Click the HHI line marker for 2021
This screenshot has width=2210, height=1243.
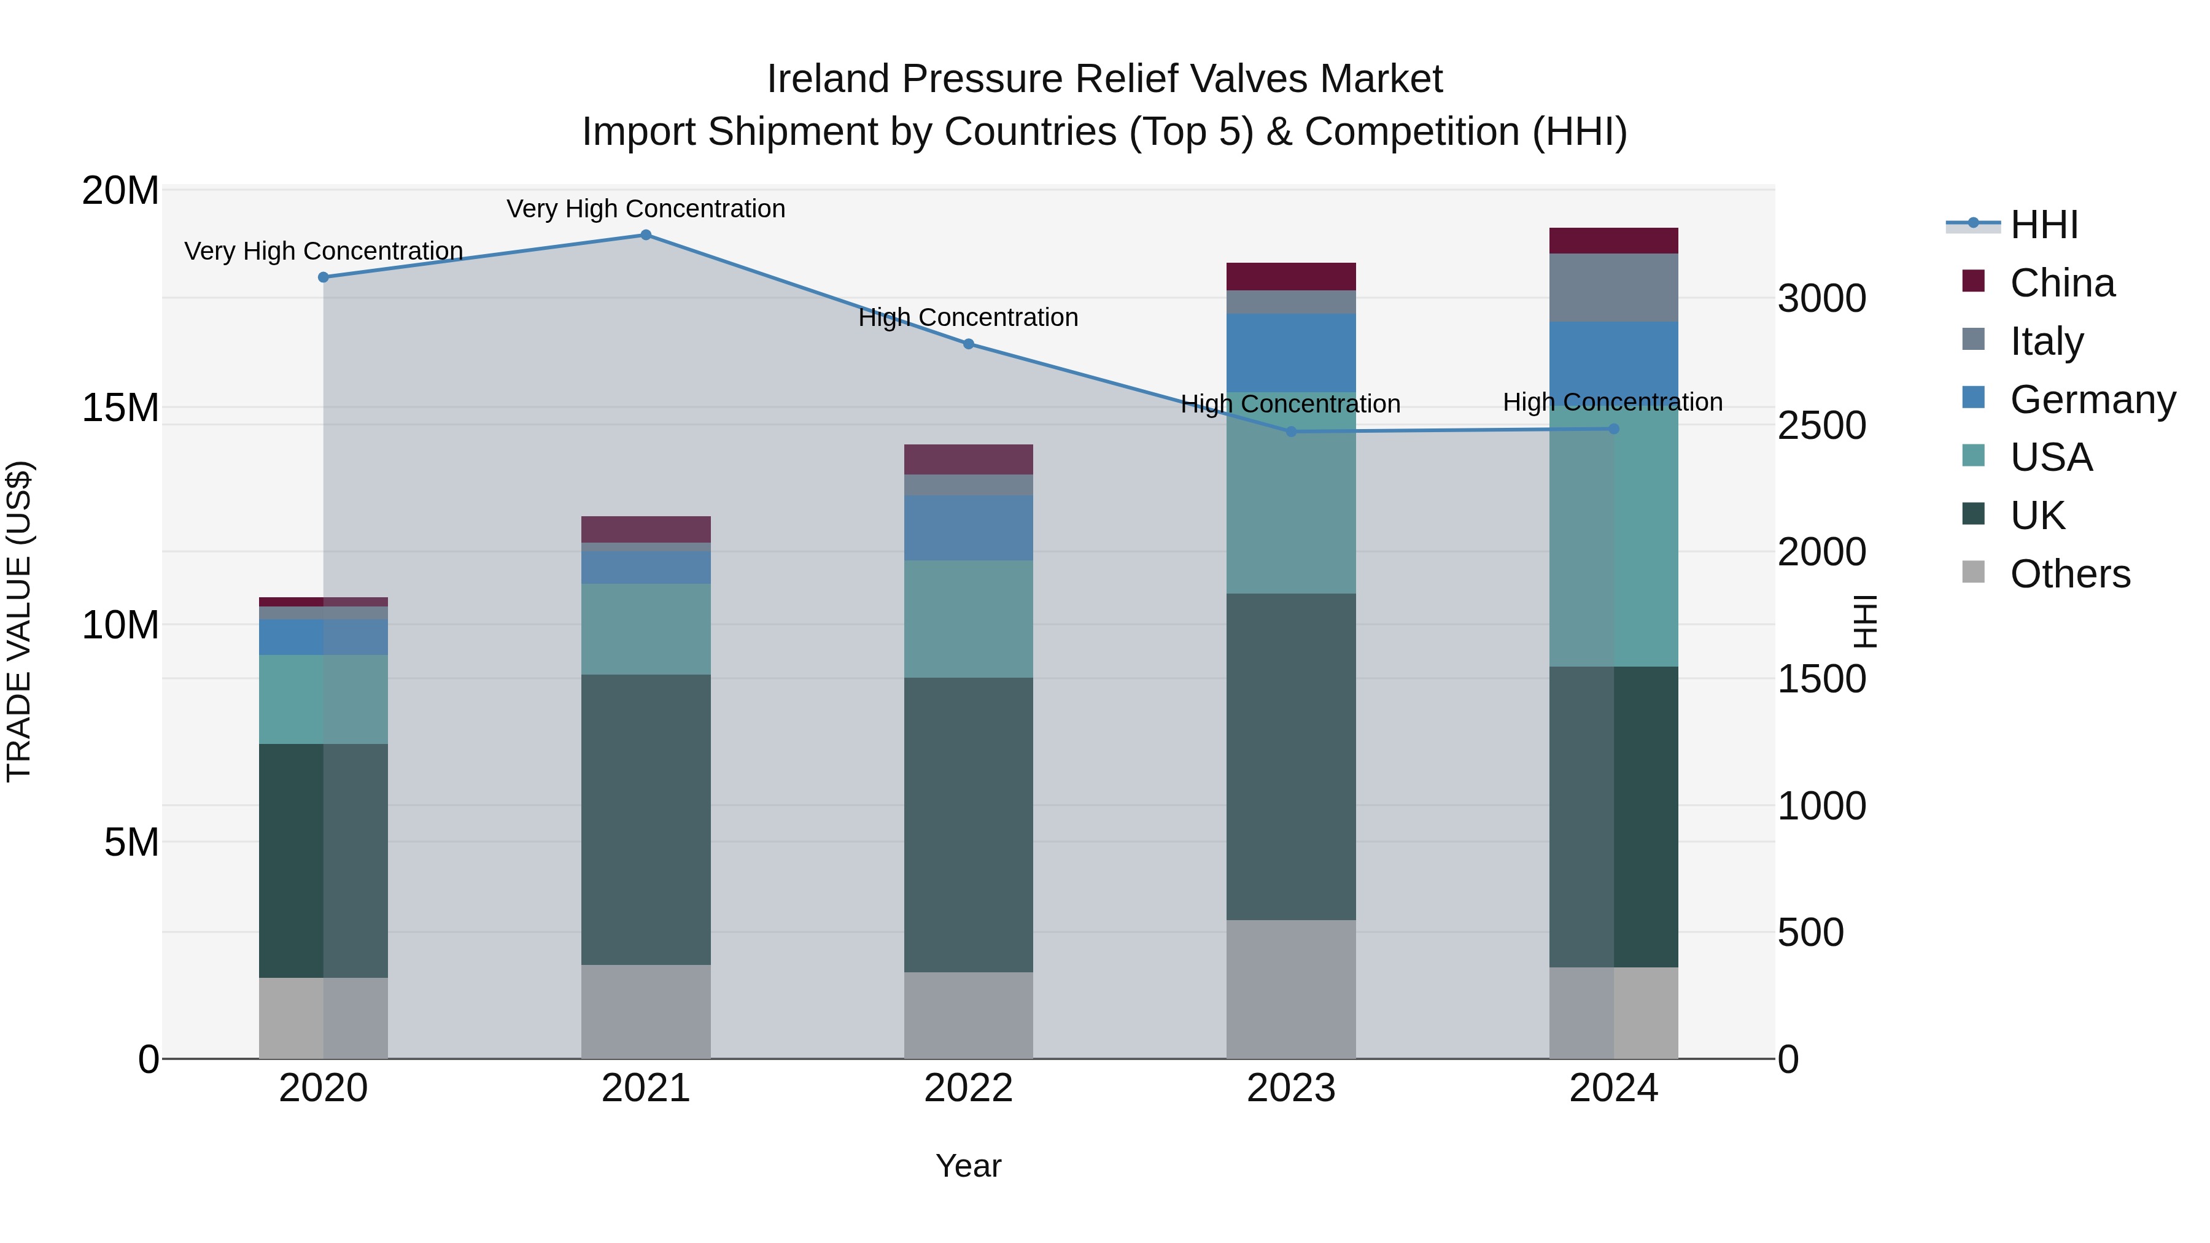[646, 235]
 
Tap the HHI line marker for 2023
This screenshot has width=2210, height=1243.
[1291, 432]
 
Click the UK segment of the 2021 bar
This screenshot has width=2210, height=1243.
[646, 819]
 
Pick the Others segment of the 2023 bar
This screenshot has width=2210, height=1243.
[1291, 989]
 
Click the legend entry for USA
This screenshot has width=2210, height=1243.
[2050, 457]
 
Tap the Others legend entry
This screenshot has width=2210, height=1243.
[2069, 574]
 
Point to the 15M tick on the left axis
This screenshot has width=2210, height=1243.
[120, 408]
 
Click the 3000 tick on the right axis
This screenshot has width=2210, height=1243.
[1821, 298]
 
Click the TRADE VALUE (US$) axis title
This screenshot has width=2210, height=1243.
[19, 621]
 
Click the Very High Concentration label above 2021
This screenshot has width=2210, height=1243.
[646, 209]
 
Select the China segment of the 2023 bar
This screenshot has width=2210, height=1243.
[1291, 276]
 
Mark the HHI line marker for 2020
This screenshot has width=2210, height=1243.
[324, 277]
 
